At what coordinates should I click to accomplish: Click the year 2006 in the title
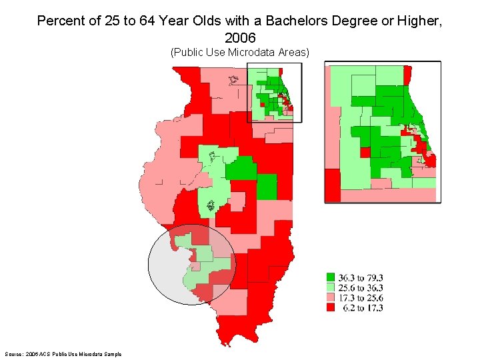(x=240, y=37)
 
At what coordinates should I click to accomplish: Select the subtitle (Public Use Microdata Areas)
(x=240, y=52)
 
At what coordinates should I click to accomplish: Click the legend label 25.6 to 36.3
(x=361, y=288)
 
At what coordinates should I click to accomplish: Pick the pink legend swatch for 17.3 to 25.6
(x=330, y=298)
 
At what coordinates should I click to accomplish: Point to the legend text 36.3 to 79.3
(x=361, y=278)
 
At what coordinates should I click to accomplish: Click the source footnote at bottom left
(x=59, y=353)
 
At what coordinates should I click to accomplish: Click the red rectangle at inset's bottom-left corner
(x=332, y=185)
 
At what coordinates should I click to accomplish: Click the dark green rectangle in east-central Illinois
(x=267, y=187)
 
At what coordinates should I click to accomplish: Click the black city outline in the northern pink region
(x=233, y=81)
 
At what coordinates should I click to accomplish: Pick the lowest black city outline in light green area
(x=212, y=205)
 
